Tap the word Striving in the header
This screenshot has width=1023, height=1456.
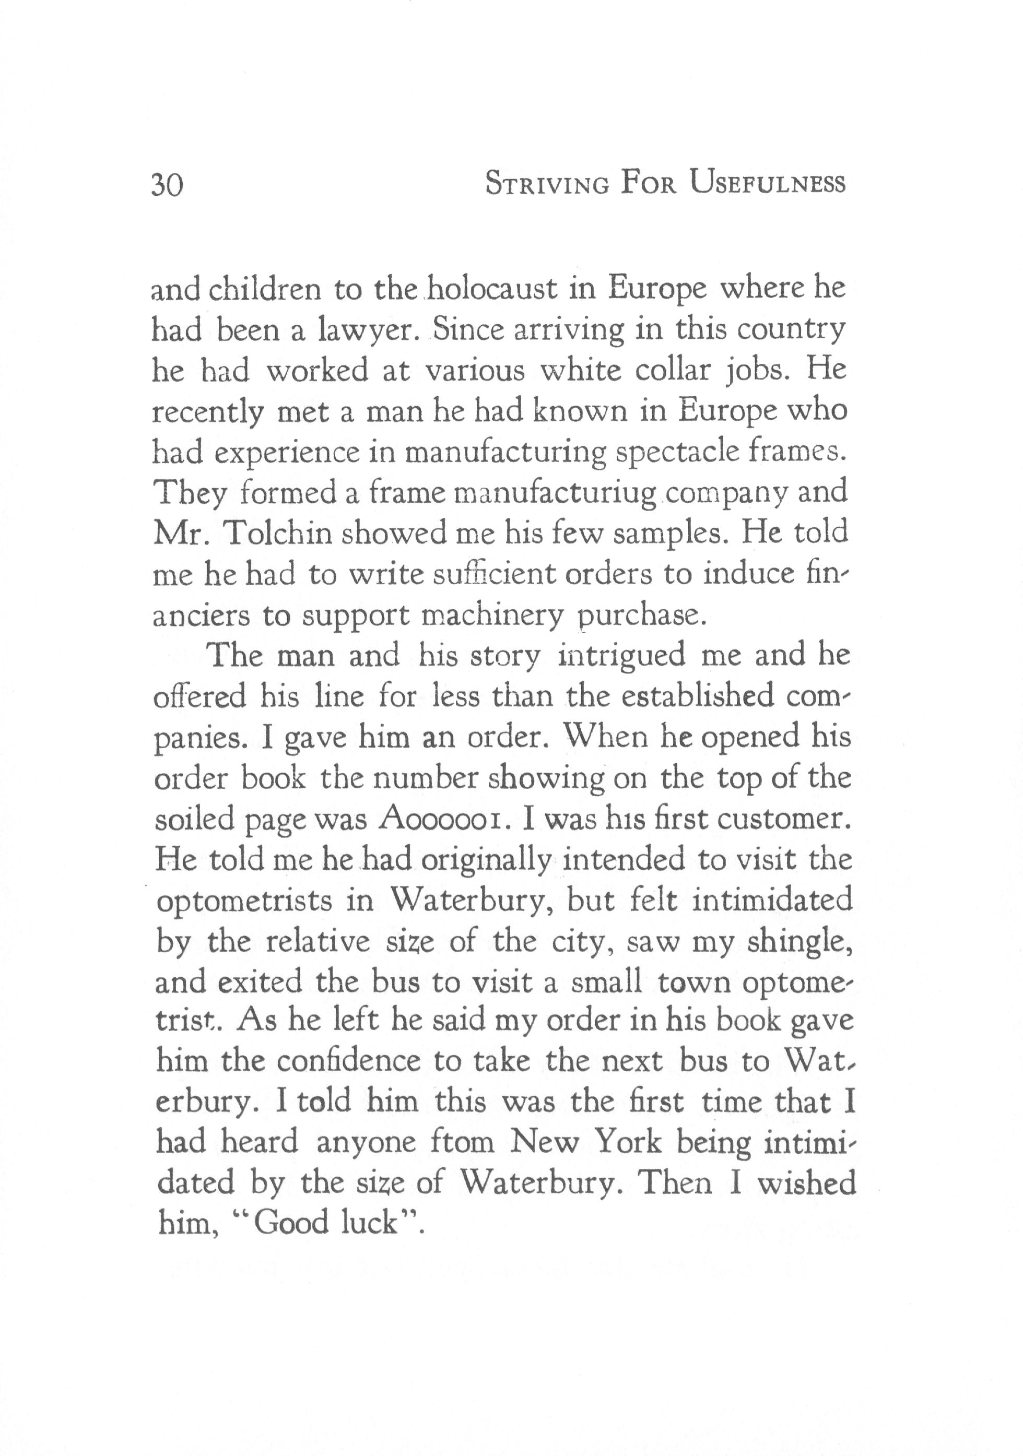547,184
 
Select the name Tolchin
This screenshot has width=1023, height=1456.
278,534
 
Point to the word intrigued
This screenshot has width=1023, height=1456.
622,656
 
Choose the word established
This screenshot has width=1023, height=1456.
698,696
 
